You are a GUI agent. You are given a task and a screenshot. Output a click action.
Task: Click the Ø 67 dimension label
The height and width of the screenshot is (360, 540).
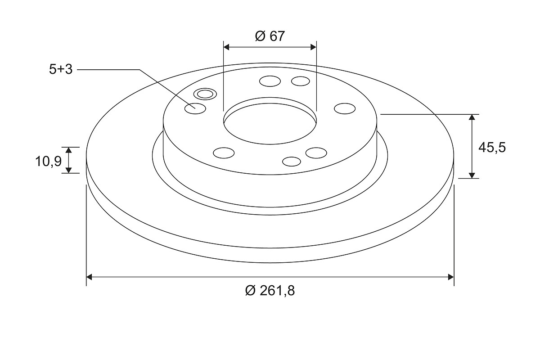270,36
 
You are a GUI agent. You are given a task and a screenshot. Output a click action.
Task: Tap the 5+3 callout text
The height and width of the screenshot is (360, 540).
61,69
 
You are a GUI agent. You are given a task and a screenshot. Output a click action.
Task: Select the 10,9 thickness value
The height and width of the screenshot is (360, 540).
49,161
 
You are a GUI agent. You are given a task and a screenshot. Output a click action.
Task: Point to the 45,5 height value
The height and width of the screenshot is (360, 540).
492,147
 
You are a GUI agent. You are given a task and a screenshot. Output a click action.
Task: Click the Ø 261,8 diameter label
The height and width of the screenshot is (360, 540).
270,290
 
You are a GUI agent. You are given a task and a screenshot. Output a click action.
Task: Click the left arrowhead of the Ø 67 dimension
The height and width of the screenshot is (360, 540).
226,47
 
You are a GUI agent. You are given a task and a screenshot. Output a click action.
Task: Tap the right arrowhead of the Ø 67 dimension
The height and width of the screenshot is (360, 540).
313,47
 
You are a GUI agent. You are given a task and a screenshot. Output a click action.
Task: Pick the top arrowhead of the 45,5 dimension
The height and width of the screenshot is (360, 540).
472,117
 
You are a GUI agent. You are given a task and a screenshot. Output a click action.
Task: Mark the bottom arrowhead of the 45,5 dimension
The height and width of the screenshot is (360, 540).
472,175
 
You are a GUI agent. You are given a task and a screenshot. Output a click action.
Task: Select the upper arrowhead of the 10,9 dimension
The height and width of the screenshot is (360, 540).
69,150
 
